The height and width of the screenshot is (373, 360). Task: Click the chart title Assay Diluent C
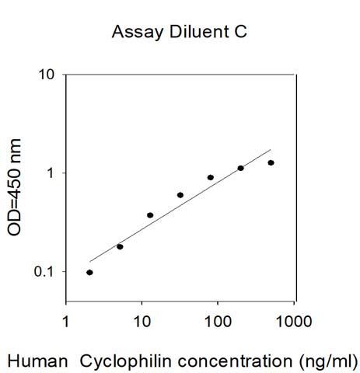(180, 32)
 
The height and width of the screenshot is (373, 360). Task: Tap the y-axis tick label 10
(47, 75)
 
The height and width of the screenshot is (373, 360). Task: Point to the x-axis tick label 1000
(294, 322)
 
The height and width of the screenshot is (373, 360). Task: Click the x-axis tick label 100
(218, 322)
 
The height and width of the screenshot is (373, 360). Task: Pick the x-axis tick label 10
(142, 322)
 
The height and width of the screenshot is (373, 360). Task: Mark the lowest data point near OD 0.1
(89, 273)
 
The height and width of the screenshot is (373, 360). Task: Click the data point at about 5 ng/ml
(120, 247)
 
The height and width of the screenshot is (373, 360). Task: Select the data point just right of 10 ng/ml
(150, 215)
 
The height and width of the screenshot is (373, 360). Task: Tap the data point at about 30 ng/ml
(180, 195)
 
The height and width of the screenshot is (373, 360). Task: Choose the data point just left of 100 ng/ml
(211, 177)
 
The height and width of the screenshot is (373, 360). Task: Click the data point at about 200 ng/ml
(241, 168)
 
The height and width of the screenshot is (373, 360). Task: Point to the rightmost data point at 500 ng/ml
(271, 163)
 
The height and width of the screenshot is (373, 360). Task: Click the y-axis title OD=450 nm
(15, 187)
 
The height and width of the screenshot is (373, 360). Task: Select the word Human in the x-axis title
(38, 361)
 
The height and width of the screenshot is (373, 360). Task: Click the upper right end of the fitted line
(271, 149)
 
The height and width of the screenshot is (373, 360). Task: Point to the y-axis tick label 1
(51, 173)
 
